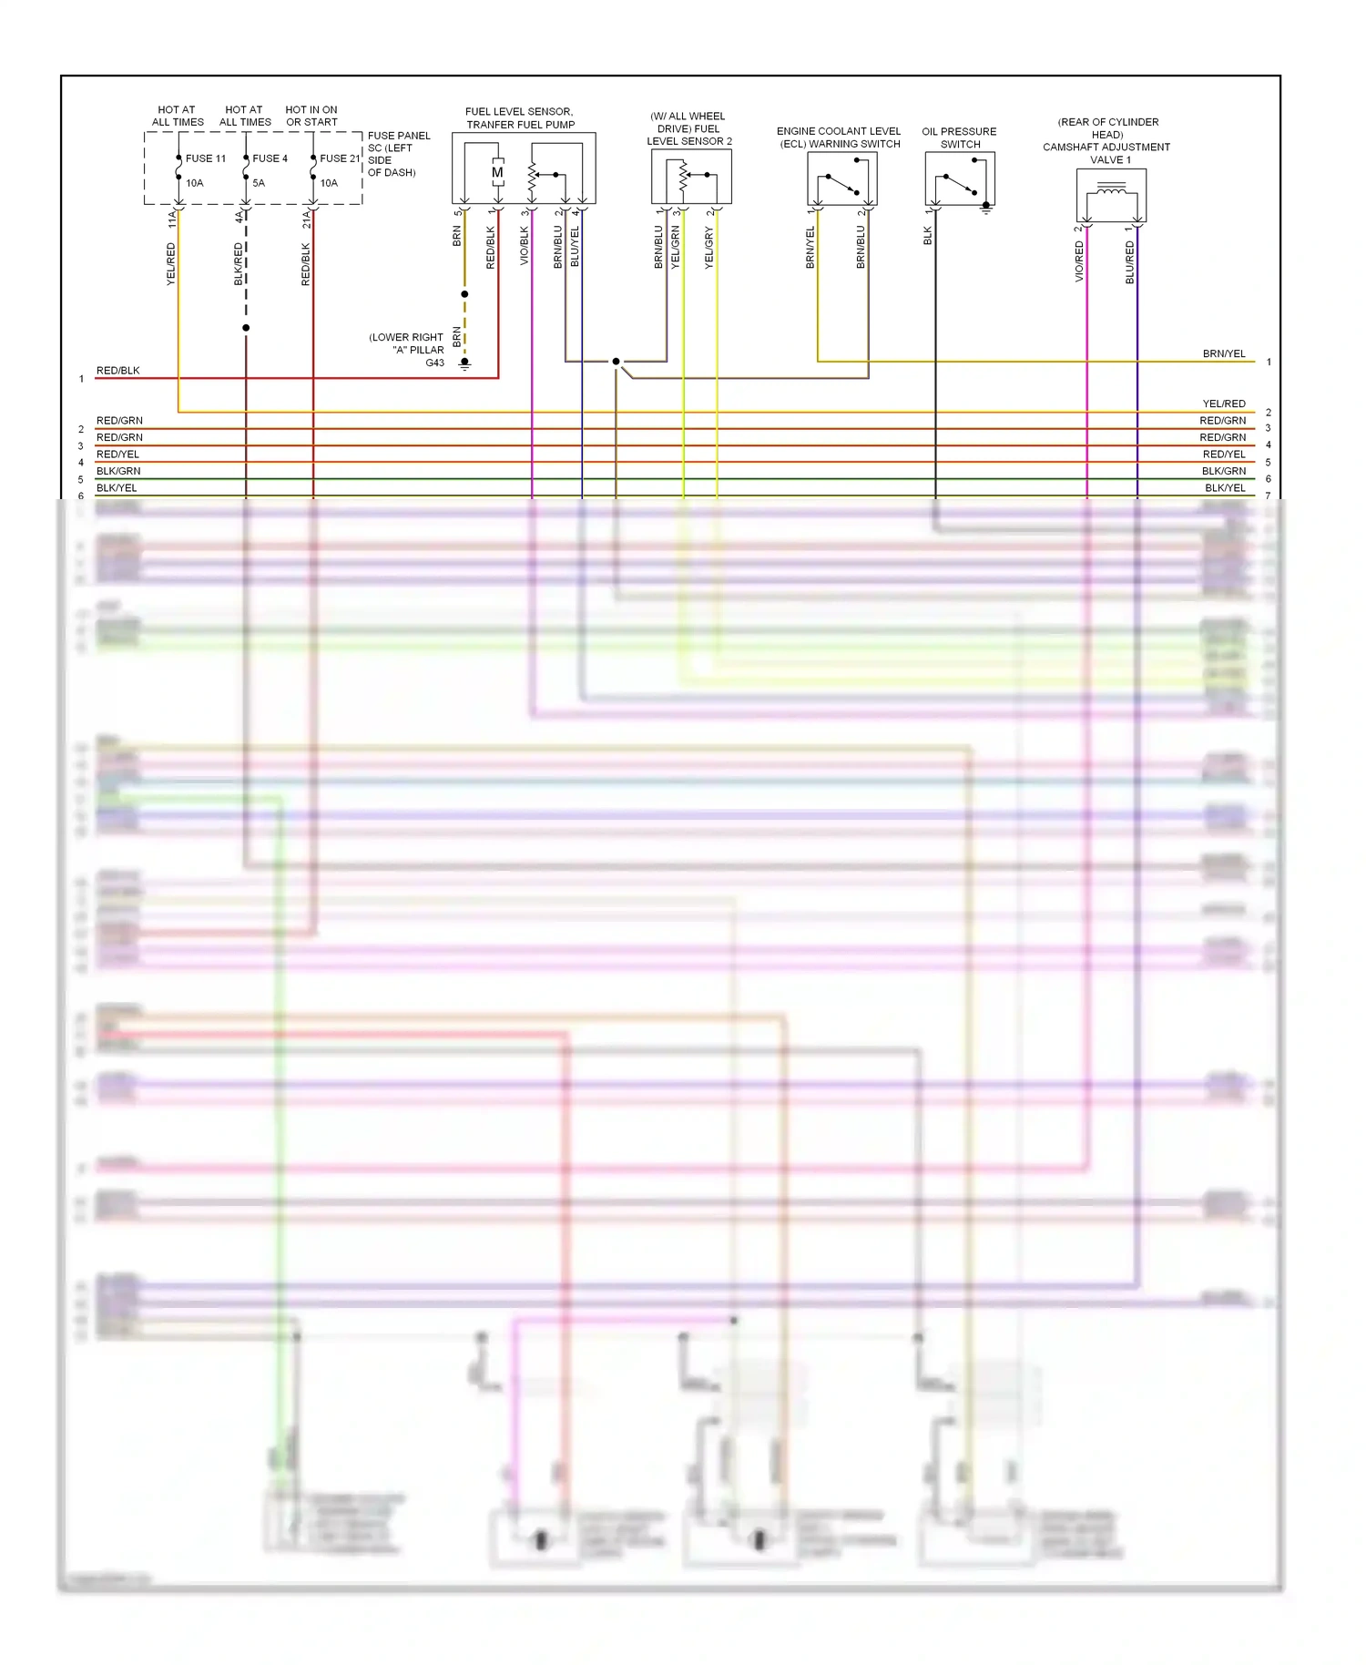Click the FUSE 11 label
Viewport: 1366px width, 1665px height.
click(x=206, y=158)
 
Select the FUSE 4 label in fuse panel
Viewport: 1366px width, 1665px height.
click(x=270, y=158)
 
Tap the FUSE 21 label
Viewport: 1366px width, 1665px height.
click(x=340, y=158)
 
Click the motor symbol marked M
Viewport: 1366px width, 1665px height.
click(x=497, y=172)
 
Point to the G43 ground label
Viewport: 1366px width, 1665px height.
click(x=435, y=363)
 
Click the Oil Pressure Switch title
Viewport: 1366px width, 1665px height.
click(x=959, y=138)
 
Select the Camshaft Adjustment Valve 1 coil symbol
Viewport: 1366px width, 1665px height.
click(x=1111, y=190)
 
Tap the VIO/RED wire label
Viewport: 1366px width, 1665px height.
click(x=1079, y=261)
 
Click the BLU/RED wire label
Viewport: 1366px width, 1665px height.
click(x=1130, y=261)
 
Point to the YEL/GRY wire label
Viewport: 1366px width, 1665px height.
click(x=708, y=248)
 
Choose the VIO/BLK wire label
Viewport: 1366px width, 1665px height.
click(x=524, y=247)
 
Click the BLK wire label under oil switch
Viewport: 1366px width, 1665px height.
click(x=928, y=236)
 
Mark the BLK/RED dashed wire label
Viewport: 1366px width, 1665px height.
click(x=239, y=264)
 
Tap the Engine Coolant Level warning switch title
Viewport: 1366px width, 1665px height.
click(x=839, y=138)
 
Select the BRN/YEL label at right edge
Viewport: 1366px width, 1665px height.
click(x=1224, y=353)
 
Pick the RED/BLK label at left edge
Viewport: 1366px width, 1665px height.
click(x=118, y=371)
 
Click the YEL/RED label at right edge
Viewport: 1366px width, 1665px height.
click(x=1224, y=403)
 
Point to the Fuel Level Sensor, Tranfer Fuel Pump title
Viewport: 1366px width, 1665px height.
click(x=520, y=118)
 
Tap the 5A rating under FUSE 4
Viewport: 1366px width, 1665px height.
click(x=259, y=183)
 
